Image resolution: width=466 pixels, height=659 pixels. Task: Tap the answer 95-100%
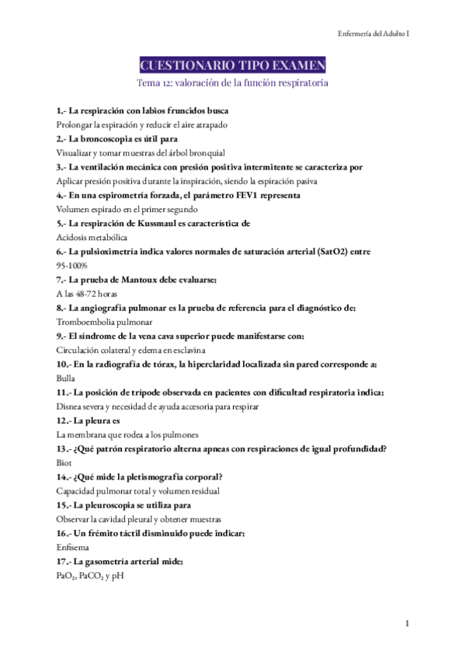pos(72,266)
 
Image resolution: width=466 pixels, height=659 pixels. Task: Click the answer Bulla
pos(66,378)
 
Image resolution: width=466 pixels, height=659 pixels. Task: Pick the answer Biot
pos(64,462)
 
